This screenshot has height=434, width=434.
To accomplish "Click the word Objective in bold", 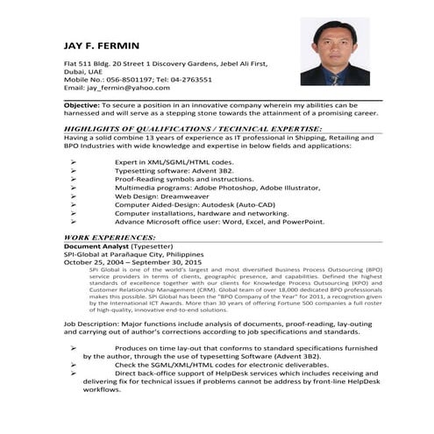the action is [x=81, y=105].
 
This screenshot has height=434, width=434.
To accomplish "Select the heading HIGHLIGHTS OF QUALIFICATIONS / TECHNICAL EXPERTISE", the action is [x=193, y=128].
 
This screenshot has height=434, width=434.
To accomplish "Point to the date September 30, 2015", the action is [x=167, y=262].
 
